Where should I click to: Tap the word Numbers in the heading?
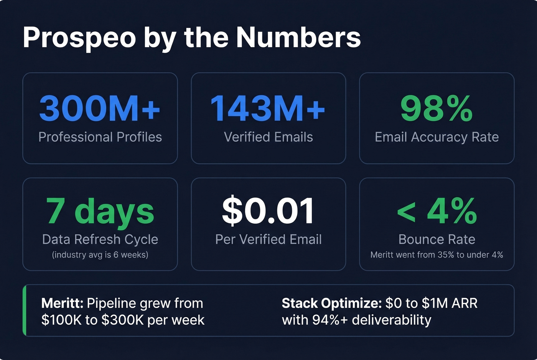(298, 37)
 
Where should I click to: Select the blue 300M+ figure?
(100, 108)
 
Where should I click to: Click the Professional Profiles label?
(100, 137)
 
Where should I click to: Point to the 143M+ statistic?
(268, 108)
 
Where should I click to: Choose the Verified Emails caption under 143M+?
(268, 137)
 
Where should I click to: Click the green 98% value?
(437, 108)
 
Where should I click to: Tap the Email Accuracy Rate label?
(437, 137)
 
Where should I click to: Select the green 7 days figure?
(100, 211)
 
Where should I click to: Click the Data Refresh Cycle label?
(100, 239)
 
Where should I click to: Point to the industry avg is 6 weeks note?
(100, 255)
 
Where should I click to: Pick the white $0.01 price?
(268, 211)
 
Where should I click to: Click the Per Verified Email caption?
(268, 239)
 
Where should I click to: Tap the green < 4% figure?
(437, 211)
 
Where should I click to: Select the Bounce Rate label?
(437, 239)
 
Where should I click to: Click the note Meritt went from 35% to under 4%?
(437, 255)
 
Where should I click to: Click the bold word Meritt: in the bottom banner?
(62, 303)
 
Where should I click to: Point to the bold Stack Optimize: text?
(331, 303)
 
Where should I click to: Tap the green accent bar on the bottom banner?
(25, 310)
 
